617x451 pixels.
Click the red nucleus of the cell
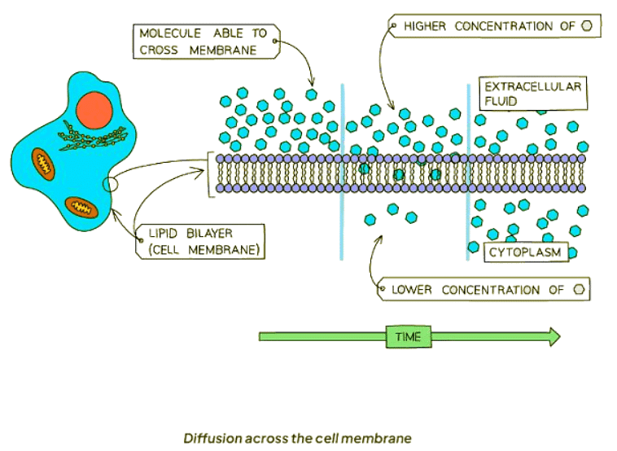94,111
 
